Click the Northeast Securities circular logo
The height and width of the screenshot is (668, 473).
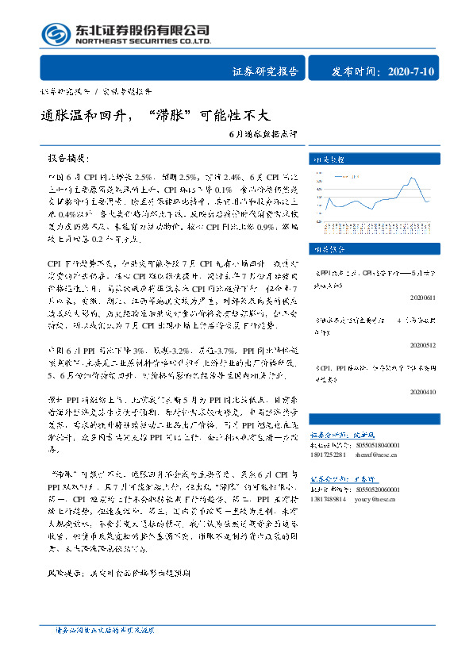click(55, 33)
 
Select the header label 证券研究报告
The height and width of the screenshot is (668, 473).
click(265, 72)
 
